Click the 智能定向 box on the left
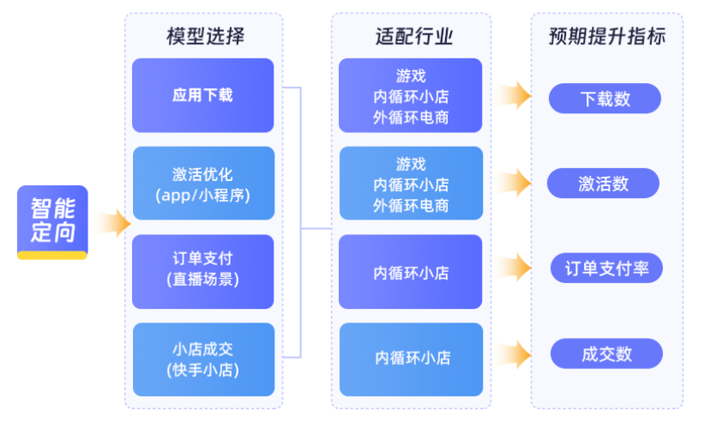click(52, 221)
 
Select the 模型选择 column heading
click(205, 36)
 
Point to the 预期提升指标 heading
click(606, 36)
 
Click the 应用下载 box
click(202, 95)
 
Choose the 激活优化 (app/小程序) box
click(202, 184)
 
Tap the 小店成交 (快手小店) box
click(202, 359)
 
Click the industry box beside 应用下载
click(410, 95)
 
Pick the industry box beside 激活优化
click(410, 184)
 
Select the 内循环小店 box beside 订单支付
click(410, 272)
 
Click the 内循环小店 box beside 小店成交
click(411, 359)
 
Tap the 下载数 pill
click(605, 99)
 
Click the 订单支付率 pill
click(606, 269)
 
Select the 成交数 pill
click(606, 353)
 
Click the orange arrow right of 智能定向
click(113, 223)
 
